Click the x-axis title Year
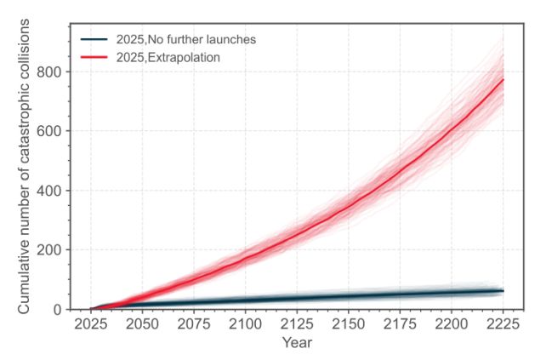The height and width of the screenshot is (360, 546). [x=297, y=343]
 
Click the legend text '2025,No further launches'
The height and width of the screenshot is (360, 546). [x=186, y=39]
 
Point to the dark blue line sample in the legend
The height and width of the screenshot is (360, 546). [x=94, y=39]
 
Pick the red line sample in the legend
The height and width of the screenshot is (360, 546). [x=94, y=57]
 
